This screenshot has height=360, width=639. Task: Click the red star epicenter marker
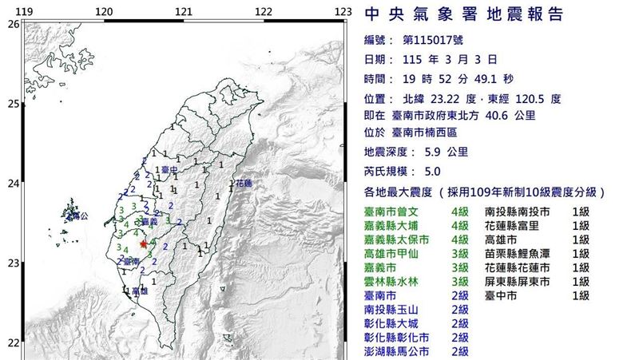143,244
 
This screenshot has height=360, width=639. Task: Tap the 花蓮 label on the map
243,184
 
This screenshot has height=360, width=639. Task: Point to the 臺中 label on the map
168,170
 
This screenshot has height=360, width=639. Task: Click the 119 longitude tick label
25,11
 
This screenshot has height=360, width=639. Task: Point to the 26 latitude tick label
12,25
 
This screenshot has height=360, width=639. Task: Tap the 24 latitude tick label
12,184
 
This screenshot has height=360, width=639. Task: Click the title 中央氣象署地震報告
463,15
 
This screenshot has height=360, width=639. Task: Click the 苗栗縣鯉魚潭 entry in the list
516,254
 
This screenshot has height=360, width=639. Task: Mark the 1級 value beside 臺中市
580,295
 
